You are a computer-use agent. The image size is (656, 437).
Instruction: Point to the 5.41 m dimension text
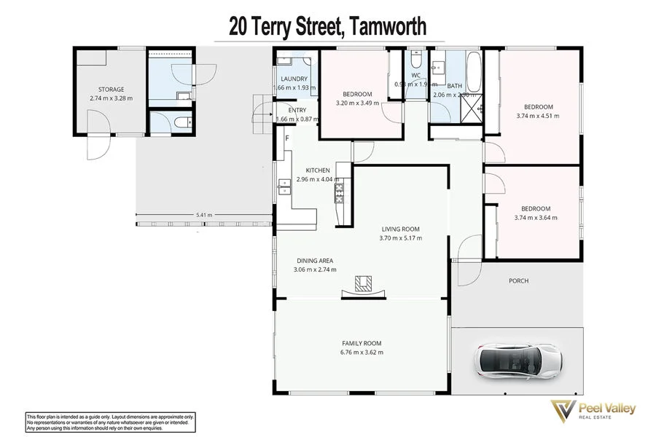(205, 215)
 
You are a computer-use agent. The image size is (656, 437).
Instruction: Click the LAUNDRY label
(294, 79)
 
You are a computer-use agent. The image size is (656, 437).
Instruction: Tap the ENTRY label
(297, 110)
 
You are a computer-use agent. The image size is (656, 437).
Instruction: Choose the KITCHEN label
(308, 170)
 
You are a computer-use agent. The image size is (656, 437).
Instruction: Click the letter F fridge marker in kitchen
(288, 138)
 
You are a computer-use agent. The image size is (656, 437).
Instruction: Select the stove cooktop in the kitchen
(339, 192)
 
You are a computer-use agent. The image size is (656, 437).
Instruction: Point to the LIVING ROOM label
(399, 229)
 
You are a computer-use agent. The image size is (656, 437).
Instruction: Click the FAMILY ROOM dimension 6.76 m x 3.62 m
(362, 353)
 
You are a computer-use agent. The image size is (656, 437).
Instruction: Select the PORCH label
(518, 280)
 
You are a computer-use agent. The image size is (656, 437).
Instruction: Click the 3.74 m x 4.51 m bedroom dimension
(537, 115)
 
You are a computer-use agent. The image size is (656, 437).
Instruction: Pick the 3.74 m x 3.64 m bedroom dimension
(535, 217)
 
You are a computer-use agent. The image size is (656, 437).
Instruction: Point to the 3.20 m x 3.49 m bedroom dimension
(357, 103)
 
